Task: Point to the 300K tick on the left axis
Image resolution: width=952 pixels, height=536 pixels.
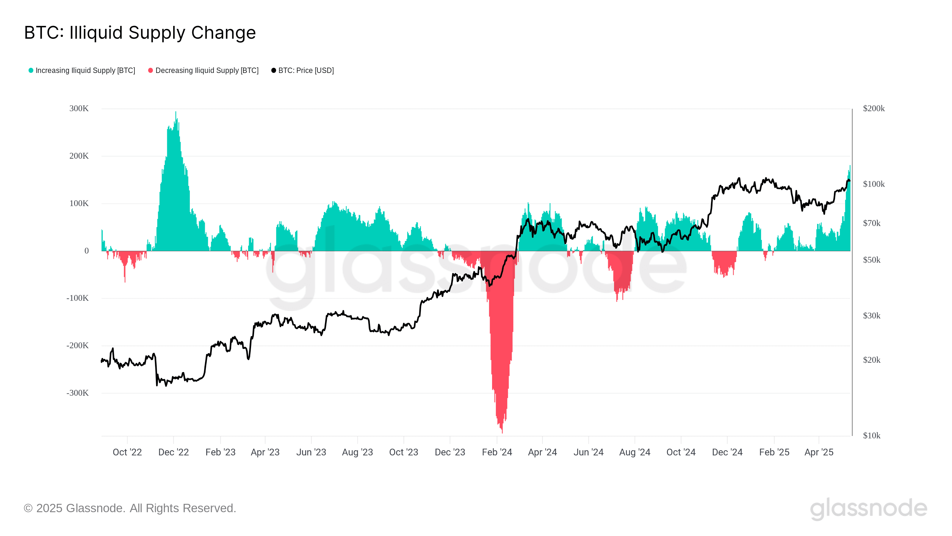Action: coord(79,108)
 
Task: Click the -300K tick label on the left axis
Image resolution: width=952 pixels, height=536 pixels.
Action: coord(78,393)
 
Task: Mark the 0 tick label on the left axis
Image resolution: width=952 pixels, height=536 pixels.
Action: coord(87,251)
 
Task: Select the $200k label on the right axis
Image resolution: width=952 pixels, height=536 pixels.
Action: coord(874,108)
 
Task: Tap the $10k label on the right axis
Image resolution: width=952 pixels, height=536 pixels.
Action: coord(871,435)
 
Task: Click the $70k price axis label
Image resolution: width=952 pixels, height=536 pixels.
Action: coord(871,223)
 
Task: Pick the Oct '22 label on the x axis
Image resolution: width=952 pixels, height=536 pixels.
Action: coord(127,452)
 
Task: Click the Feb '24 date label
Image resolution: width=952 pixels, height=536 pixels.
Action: coord(497,452)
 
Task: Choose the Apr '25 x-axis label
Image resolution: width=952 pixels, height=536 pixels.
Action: coord(819,452)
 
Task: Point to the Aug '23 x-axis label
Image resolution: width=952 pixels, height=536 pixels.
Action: coord(357,452)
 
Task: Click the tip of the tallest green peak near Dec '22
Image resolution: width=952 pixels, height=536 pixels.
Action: coord(176,112)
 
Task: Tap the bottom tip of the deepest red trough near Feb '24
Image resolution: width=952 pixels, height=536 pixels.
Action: coord(502,433)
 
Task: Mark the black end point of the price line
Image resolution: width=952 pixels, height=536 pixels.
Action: coord(849,180)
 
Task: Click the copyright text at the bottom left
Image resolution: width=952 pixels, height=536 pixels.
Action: coord(130,508)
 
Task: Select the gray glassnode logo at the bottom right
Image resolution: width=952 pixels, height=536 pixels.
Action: coord(868,508)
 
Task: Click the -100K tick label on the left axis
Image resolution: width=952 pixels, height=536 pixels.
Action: coord(78,298)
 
